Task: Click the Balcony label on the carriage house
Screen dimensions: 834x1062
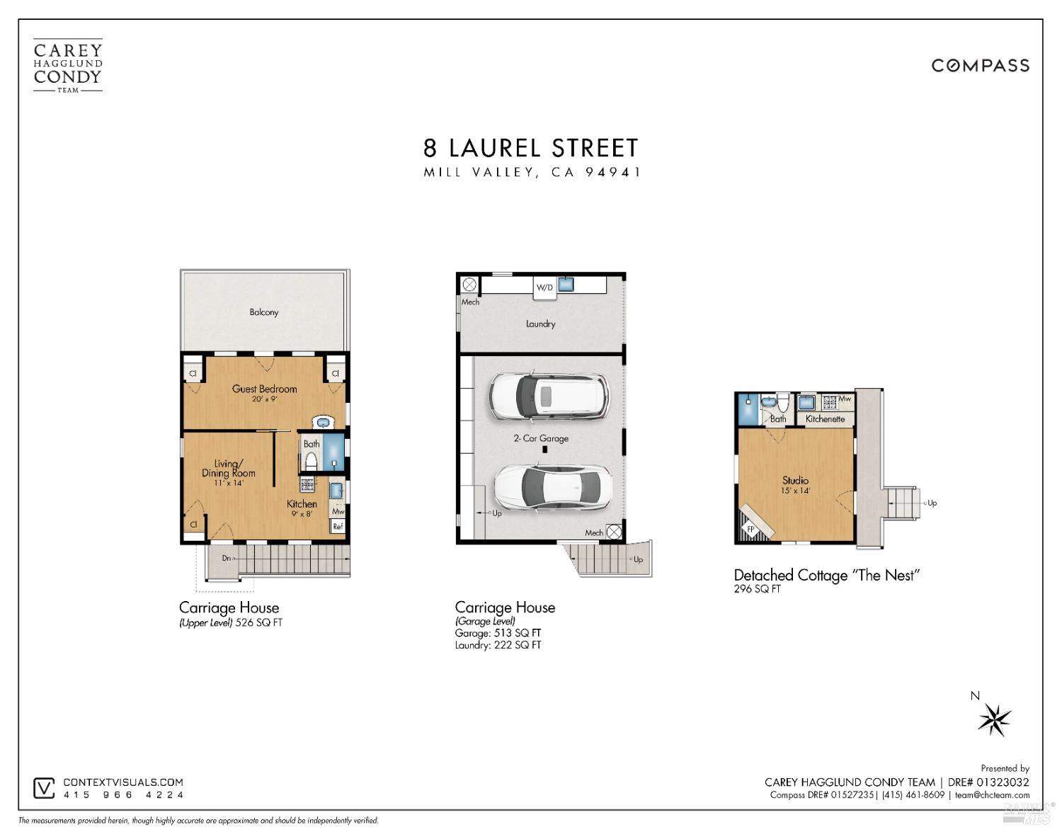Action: click(x=263, y=312)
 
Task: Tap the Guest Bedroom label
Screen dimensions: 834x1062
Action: click(x=264, y=389)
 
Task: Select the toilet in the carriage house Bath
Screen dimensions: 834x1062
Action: click(x=309, y=462)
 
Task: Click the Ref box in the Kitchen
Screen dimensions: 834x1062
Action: click(x=338, y=526)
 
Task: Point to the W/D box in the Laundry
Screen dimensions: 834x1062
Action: click(x=544, y=287)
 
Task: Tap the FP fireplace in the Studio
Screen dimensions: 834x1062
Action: click(x=750, y=528)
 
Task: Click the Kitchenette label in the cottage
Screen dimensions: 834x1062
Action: click(x=825, y=419)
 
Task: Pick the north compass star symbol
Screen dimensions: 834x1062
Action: click(x=995, y=720)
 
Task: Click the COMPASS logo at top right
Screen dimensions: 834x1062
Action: click(x=980, y=66)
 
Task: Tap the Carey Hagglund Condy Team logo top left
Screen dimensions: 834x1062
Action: click(x=68, y=66)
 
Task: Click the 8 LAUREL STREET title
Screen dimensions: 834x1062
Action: click(x=531, y=148)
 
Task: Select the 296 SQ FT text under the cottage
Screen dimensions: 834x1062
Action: click(x=757, y=589)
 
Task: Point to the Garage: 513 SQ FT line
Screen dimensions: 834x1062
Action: click(x=498, y=633)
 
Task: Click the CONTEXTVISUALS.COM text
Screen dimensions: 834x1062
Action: click(x=123, y=782)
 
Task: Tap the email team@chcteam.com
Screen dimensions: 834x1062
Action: click(x=992, y=795)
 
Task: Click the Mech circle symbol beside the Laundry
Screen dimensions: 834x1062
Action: click(x=469, y=285)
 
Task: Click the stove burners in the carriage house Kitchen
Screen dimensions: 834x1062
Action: click(x=307, y=484)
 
